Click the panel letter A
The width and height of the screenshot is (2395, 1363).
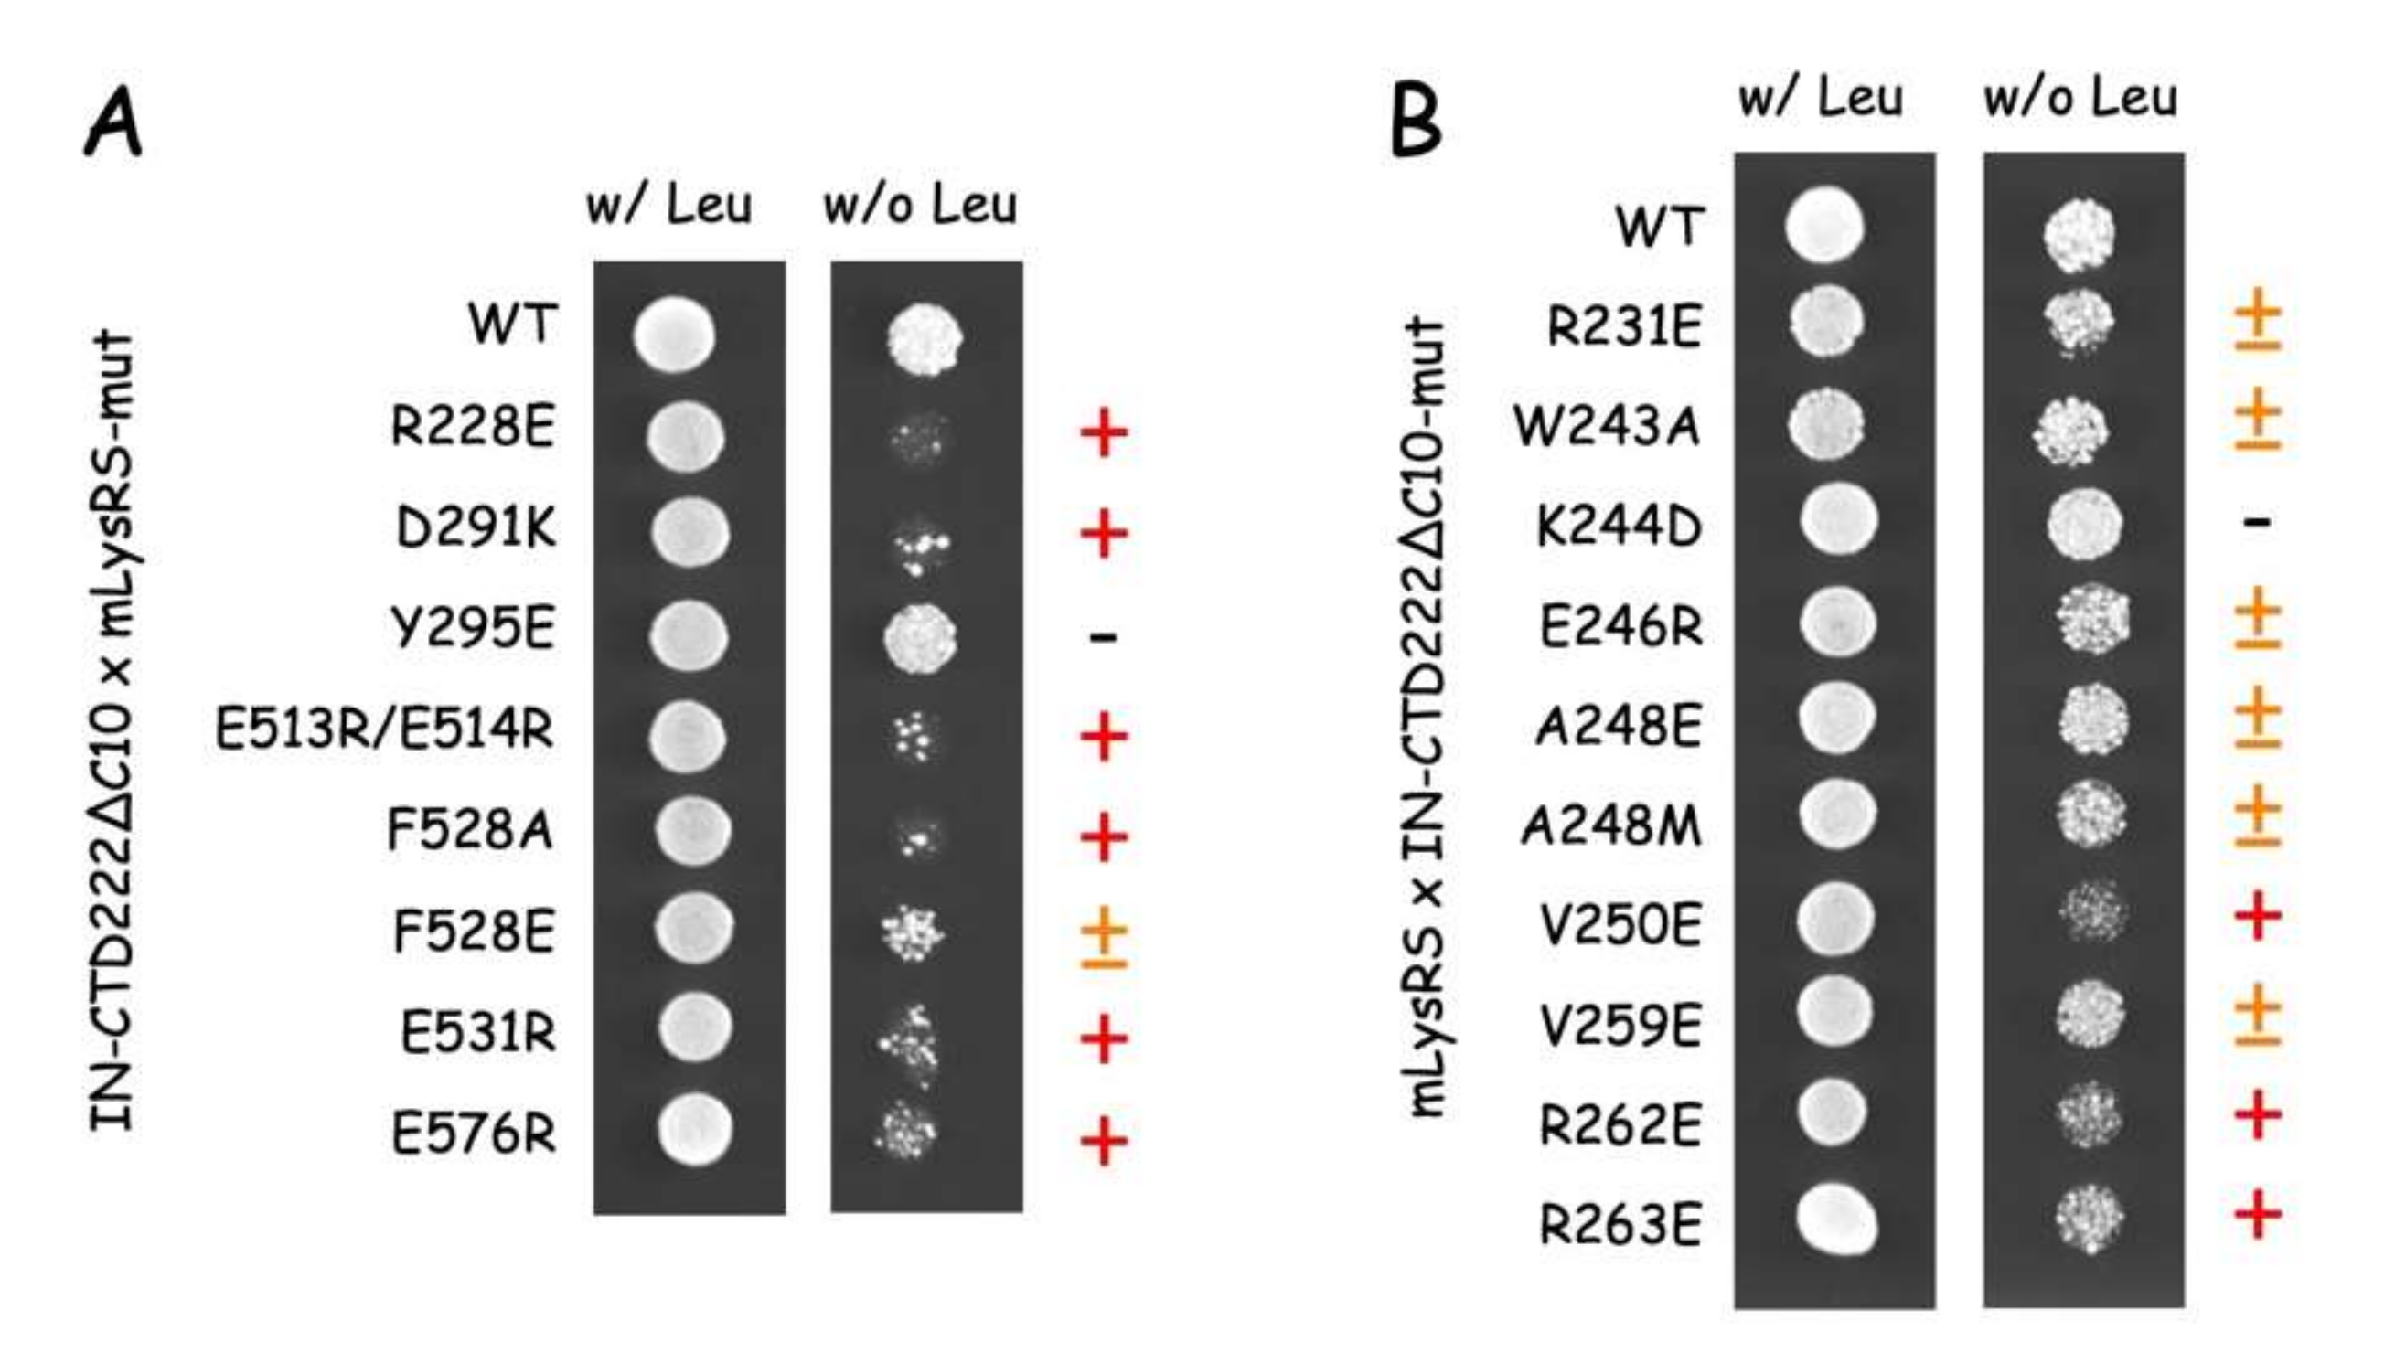114,123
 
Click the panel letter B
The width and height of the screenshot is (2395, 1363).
1416,121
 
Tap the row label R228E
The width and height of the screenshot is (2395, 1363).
472,427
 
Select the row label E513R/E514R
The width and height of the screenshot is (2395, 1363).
384,729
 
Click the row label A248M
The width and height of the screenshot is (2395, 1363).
1610,826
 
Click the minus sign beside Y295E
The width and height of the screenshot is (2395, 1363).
1103,637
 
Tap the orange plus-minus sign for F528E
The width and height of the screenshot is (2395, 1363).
1103,936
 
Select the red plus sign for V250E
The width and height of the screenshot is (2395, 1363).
2256,917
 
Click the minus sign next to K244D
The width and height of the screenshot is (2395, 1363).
2257,521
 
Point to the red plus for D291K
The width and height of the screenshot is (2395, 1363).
1103,534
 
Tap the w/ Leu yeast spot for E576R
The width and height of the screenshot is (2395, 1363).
694,1131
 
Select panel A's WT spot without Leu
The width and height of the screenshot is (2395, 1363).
925,338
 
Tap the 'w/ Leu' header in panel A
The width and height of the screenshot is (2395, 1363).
668,206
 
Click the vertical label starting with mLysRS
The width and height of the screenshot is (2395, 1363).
1427,716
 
